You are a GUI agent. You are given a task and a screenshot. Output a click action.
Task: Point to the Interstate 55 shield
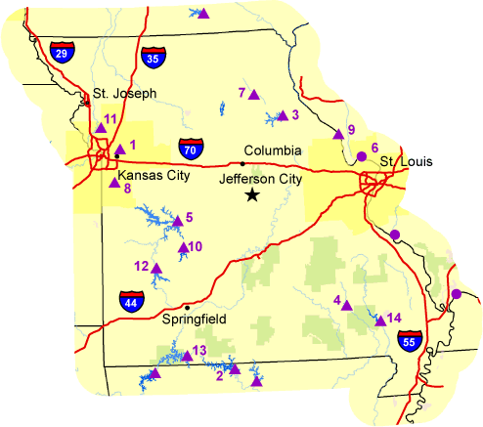411,340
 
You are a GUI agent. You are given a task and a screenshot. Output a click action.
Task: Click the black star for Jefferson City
252,195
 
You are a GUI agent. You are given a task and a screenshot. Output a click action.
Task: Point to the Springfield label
196,319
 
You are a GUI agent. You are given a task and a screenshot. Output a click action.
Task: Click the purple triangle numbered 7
253,95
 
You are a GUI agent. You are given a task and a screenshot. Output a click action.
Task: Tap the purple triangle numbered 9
339,133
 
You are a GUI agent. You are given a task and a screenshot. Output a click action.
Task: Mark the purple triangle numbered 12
156,268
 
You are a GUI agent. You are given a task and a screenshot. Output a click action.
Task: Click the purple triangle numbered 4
346,305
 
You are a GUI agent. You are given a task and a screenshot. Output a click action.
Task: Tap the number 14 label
395,318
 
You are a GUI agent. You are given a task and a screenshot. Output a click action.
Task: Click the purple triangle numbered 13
184,356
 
